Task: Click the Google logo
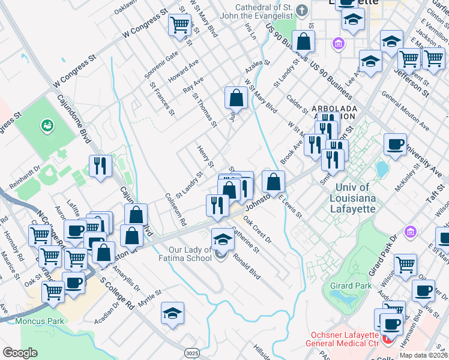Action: point(20,352)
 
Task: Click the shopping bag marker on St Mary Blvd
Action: point(237,98)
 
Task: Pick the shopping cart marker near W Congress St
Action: point(179,26)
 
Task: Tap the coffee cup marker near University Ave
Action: point(394,145)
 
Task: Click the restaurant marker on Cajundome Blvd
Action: point(100,166)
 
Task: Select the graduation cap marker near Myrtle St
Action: point(172,313)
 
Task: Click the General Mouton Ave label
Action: point(405,113)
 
